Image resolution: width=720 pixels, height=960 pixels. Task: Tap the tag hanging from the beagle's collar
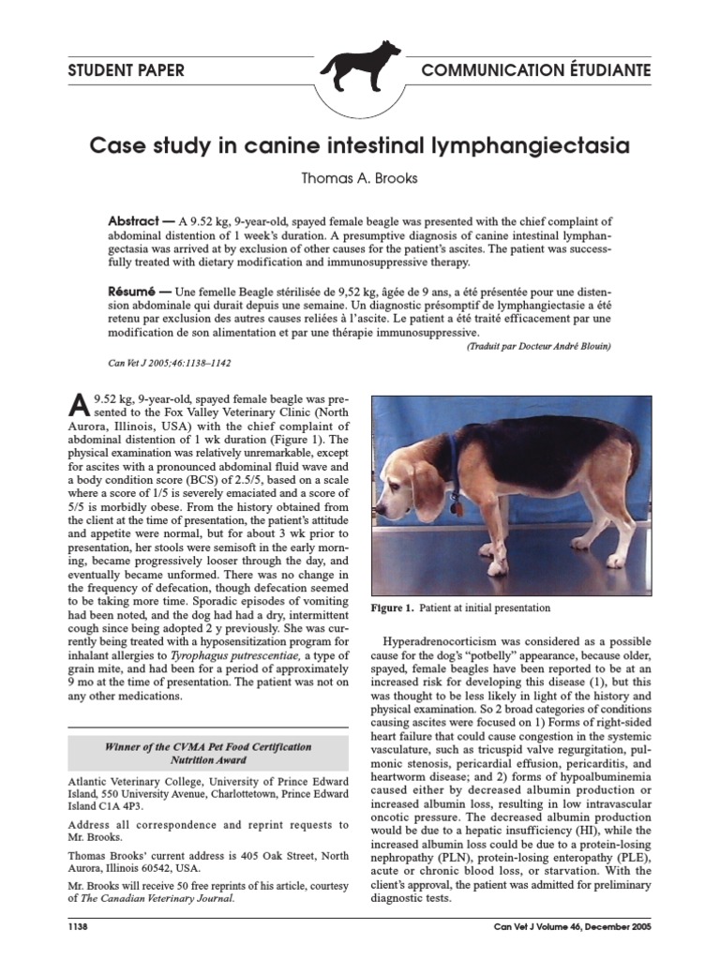457,508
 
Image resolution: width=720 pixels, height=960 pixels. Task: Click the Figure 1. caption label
392,607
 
